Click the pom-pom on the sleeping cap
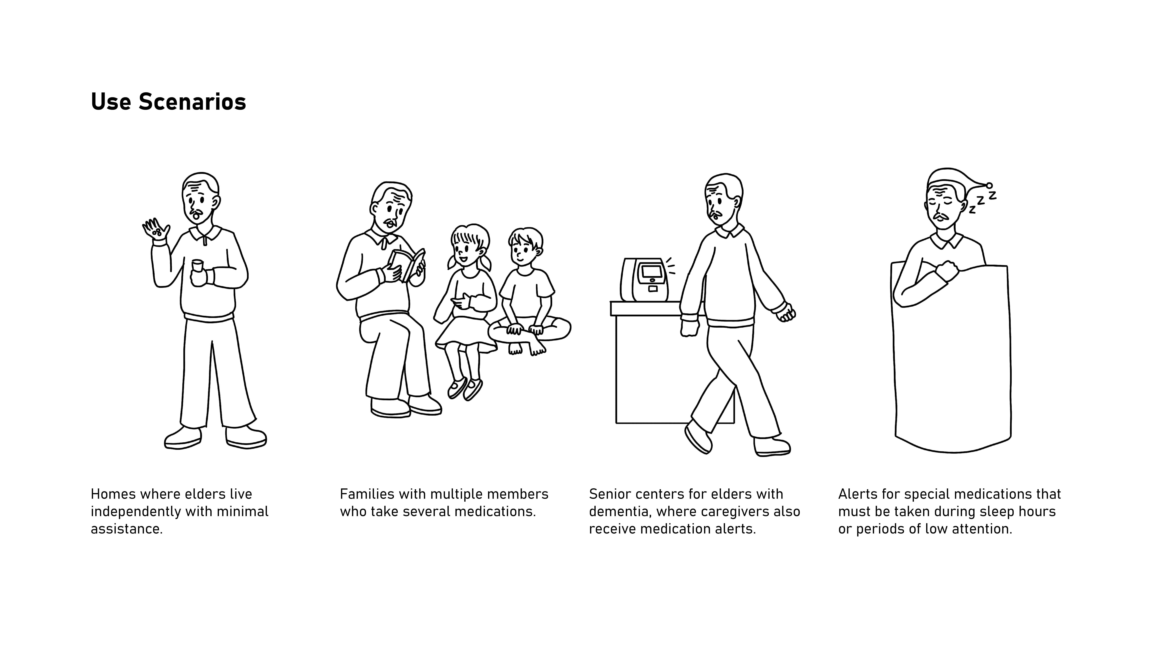coord(989,185)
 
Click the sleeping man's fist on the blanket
coord(947,270)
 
